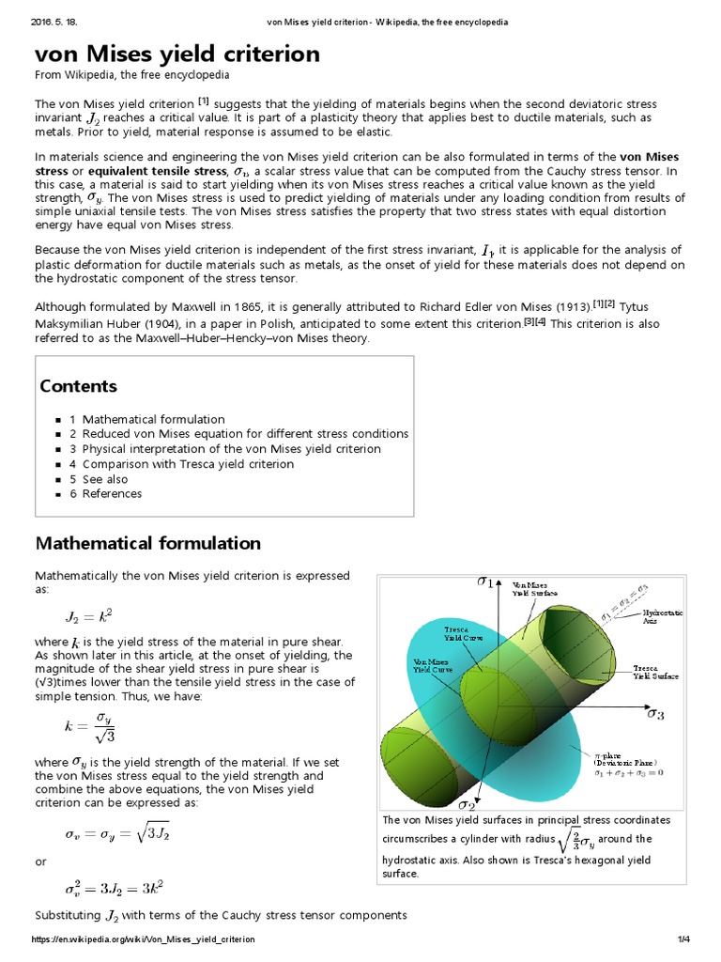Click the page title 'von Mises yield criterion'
177,54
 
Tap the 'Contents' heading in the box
78,386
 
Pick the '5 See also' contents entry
105,479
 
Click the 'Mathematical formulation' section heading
147,543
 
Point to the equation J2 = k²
88,616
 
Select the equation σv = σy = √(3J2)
116,832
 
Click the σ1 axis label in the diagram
485,582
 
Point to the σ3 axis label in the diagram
655,714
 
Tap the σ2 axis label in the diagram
467,804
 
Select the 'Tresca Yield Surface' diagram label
656,671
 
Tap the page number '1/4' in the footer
683,939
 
